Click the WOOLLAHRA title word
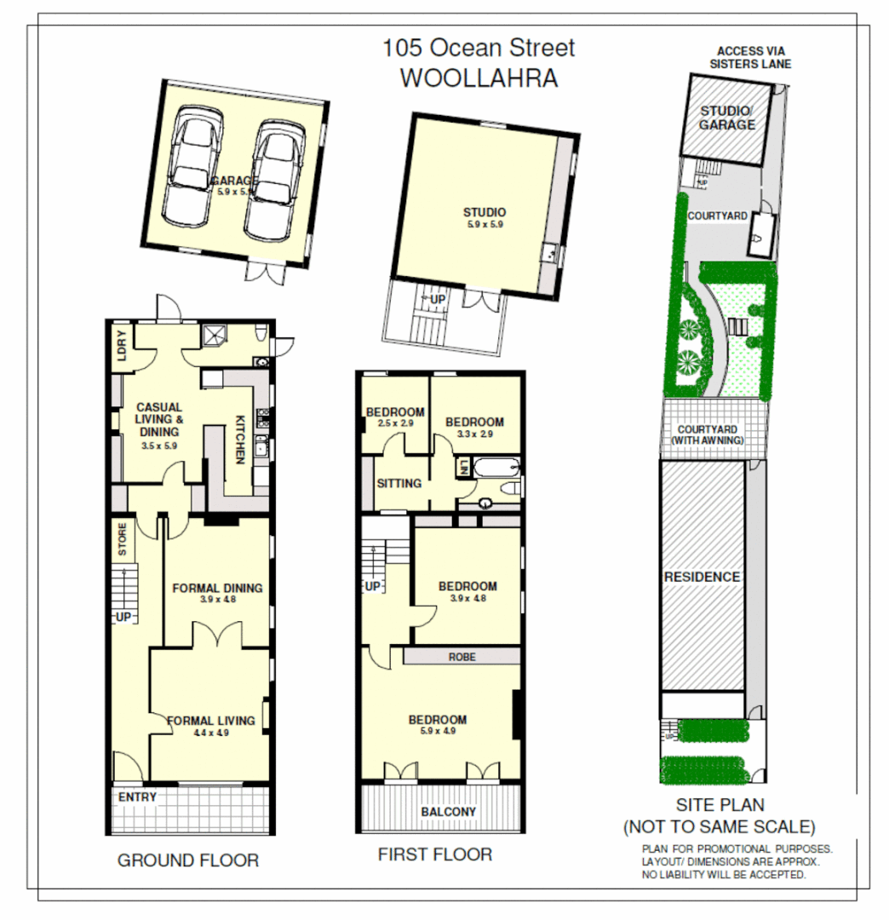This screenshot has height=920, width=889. pyautogui.click(x=479, y=78)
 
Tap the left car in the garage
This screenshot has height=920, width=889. pyautogui.click(x=192, y=172)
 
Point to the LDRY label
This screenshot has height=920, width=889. pyautogui.click(x=120, y=347)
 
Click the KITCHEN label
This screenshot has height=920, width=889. pyautogui.click(x=240, y=439)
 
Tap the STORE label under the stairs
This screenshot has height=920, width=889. pyautogui.click(x=123, y=540)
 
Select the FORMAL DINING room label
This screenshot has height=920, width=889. pyautogui.click(x=217, y=588)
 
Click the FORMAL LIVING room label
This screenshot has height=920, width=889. pyautogui.click(x=211, y=721)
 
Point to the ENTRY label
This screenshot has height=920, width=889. pyautogui.click(x=137, y=796)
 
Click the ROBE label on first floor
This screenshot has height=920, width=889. pyautogui.click(x=462, y=657)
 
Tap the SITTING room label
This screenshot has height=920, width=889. pyautogui.click(x=399, y=483)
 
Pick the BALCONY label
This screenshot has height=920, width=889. pyautogui.click(x=449, y=812)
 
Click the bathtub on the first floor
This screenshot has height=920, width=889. pyautogui.click(x=495, y=468)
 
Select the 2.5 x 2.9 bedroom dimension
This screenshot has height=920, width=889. pyautogui.click(x=394, y=423)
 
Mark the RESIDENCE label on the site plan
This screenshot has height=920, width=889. pyautogui.click(x=703, y=577)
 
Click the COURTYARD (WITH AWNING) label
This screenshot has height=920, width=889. pyautogui.click(x=708, y=434)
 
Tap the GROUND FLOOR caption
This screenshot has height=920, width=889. pyautogui.click(x=187, y=860)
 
